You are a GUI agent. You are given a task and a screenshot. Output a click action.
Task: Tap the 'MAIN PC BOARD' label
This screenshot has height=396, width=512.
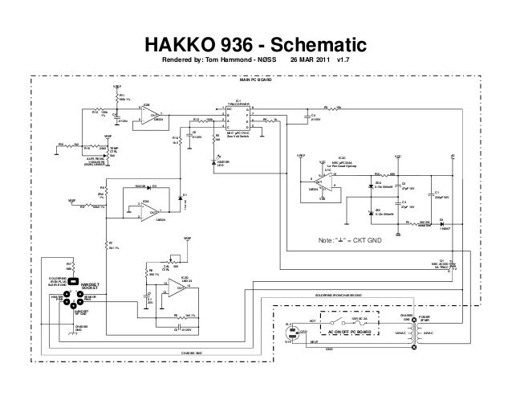tap(256, 81)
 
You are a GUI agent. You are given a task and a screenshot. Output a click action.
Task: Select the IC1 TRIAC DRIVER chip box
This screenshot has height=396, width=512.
tap(239, 118)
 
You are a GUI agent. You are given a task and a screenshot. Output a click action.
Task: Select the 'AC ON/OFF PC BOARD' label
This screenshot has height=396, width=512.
tap(351, 330)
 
